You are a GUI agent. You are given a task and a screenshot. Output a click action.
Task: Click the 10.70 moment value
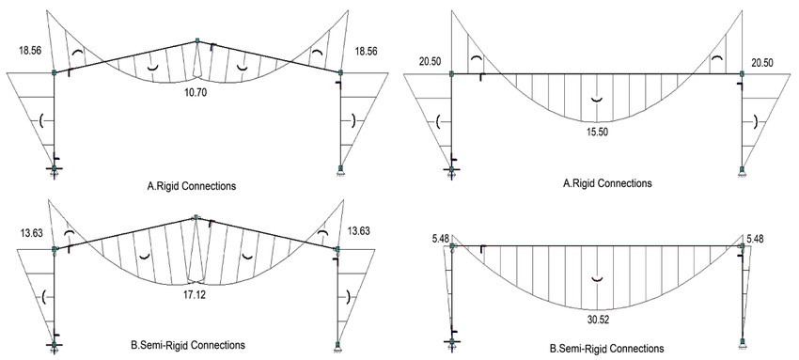coord(197,94)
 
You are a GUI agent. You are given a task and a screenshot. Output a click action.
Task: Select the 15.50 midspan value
coord(597,131)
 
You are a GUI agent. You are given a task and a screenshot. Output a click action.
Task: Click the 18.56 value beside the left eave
coord(27,51)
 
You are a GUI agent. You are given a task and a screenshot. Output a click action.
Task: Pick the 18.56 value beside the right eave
coord(367,51)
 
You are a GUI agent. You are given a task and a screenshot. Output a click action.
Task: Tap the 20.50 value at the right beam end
coord(761,62)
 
